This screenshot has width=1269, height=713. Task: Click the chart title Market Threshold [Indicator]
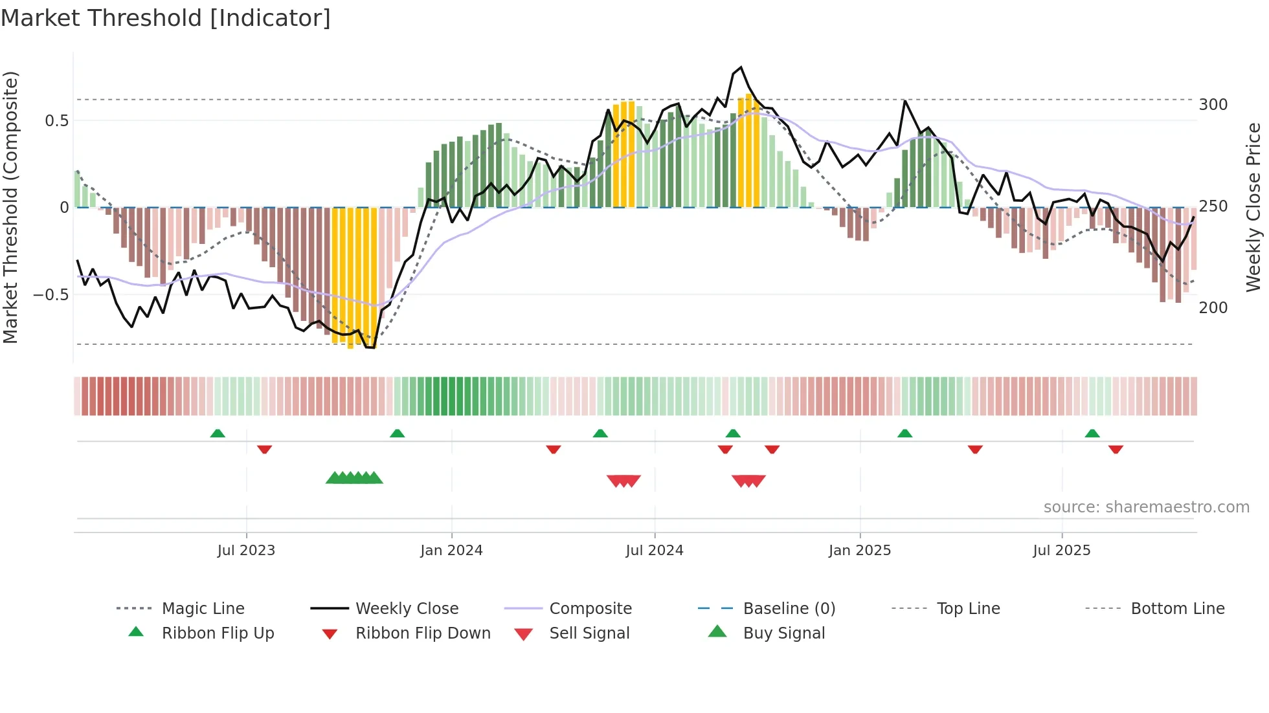click(166, 18)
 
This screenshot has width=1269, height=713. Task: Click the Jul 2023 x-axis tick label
click(246, 551)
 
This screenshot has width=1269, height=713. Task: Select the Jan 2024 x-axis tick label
click(451, 551)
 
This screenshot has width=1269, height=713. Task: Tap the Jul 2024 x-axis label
click(655, 551)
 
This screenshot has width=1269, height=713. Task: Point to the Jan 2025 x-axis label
click(860, 551)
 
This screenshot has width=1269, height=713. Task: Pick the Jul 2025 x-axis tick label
click(1062, 551)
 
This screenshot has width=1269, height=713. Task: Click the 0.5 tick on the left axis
click(56, 121)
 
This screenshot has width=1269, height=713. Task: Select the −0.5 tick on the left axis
click(51, 295)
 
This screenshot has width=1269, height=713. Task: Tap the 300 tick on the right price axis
click(1213, 105)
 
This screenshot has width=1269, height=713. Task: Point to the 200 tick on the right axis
click(1213, 308)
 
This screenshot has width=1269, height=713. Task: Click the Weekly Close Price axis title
click(1253, 207)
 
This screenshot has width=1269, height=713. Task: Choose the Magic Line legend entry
click(203, 609)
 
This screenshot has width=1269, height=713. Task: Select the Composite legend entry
click(590, 609)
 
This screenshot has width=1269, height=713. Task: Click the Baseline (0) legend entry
click(789, 609)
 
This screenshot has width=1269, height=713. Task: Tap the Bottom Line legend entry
click(1177, 609)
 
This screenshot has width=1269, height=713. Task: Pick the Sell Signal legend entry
click(589, 633)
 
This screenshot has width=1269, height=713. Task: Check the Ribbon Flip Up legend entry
click(218, 633)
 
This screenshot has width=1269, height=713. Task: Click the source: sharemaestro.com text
click(1146, 507)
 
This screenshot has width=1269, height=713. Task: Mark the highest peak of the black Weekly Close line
click(741, 67)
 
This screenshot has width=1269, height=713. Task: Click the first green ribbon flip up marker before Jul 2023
click(218, 433)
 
